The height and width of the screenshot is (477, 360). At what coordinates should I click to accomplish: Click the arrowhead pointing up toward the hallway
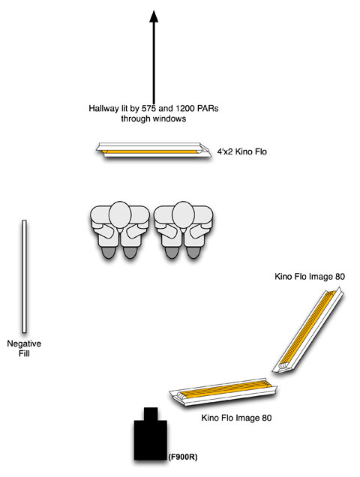154,16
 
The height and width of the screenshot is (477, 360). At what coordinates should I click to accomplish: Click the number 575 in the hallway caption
149,108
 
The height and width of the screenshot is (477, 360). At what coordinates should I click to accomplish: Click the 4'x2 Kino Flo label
242,151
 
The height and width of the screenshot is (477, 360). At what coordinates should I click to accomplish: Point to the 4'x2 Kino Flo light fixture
154,150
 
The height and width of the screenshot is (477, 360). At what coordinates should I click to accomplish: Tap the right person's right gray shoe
193,253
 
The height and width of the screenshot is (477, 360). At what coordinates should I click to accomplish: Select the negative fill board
24,276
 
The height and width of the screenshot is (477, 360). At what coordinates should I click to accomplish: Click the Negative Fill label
24,349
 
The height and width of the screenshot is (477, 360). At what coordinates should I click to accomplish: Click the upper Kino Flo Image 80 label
310,277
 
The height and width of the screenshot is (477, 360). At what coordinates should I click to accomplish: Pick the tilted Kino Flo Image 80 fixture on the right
308,331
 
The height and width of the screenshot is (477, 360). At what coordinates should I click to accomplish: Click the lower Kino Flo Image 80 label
236,418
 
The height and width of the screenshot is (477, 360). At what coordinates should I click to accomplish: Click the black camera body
151,440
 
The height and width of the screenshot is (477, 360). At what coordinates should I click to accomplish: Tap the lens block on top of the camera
151,414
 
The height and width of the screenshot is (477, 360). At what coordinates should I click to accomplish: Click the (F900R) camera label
182,457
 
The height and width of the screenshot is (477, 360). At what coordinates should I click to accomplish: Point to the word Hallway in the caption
103,109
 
